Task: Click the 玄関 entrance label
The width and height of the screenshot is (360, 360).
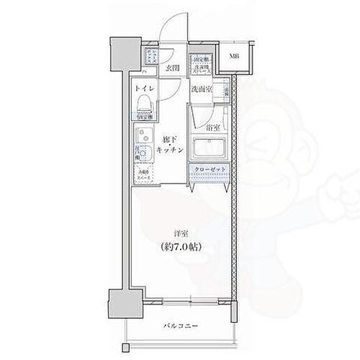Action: coord(172,69)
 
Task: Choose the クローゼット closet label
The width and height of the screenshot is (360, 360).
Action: coord(210,170)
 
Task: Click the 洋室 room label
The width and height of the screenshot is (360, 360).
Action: coord(181,233)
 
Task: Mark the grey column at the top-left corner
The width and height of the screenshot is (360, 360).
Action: coord(120,54)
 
